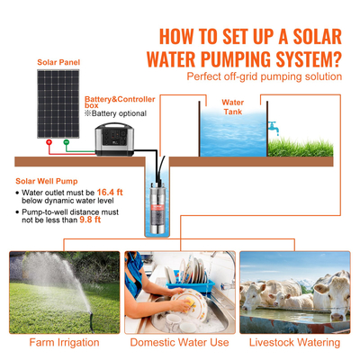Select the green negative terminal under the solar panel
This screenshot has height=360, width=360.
click(65, 142)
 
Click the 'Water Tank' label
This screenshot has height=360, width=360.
click(233, 107)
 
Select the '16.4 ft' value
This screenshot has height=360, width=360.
click(112, 193)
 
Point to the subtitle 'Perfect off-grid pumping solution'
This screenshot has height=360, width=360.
click(264, 76)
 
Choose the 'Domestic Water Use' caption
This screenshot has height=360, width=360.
click(180, 342)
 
